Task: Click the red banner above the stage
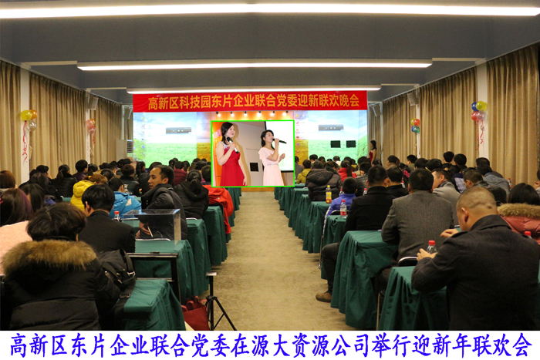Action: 250,101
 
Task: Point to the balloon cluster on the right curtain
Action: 479,111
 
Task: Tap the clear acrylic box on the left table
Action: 160,224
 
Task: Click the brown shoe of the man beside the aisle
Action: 325,296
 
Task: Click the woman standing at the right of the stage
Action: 373,151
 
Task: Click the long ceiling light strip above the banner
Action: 254,66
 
